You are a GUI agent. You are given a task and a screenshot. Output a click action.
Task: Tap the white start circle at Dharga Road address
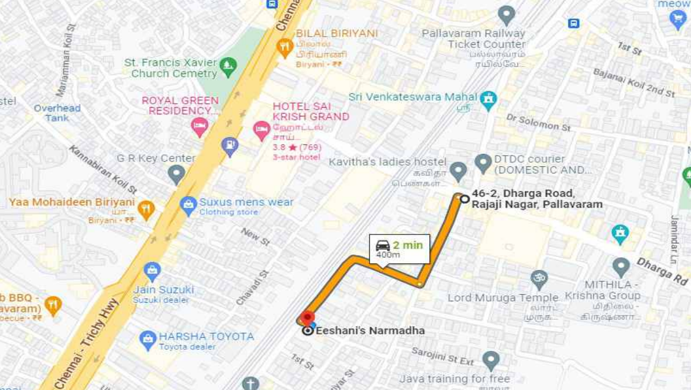click(x=465, y=199)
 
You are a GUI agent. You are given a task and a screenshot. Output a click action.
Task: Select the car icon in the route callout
click(x=383, y=245)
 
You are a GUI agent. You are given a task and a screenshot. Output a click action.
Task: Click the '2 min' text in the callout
click(x=408, y=245)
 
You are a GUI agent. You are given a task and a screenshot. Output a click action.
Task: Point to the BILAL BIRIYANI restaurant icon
click(x=285, y=46)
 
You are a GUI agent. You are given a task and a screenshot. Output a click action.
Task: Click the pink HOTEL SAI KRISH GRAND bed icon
click(x=261, y=130)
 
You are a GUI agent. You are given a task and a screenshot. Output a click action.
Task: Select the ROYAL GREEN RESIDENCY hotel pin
click(x=200, y=126)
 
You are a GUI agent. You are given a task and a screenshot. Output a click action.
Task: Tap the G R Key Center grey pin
click(x=176, y=174)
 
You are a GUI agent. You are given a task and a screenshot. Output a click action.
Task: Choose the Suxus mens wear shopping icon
click(x=188, y=205)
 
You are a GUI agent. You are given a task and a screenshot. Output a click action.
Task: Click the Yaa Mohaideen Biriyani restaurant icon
click(x=146, y=208)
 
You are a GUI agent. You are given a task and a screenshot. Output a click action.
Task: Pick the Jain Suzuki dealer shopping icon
click(x=152, y=271)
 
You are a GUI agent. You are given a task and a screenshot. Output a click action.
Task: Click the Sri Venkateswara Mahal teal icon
click(x=488, y=99)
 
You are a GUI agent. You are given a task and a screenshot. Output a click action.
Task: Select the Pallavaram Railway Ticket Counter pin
click(x=506, y=14)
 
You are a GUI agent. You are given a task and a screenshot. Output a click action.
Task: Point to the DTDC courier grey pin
click(x=483, y=162)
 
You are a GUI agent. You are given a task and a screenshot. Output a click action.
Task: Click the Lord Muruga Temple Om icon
click(x=539, y=278)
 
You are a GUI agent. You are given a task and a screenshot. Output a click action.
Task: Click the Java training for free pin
click(x=490, y=359)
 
